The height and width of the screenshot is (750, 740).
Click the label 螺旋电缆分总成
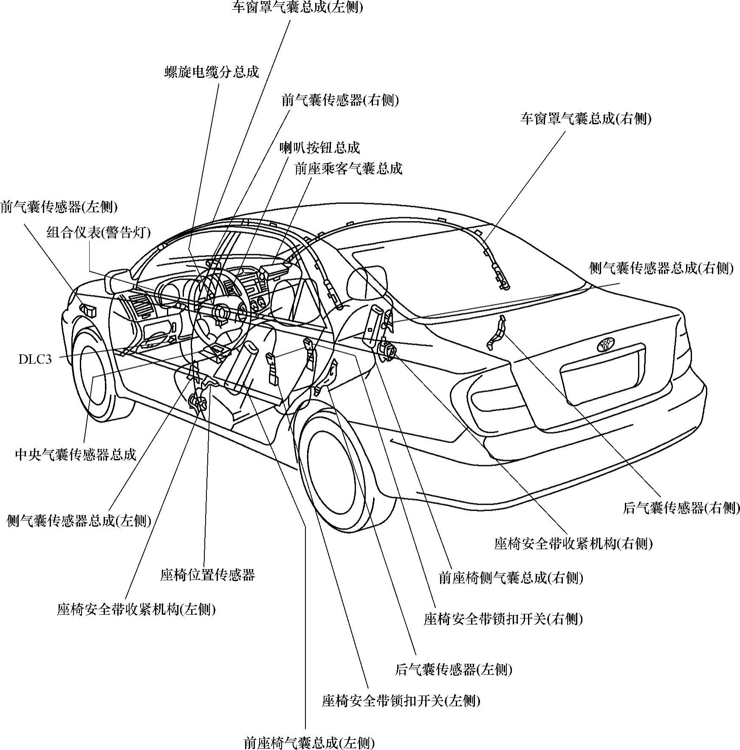click(x=212, y=72)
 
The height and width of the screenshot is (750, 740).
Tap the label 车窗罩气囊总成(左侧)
click(x=297, y=7)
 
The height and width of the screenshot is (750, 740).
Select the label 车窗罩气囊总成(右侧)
click(x=586, y=119)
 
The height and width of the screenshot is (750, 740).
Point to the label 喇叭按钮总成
click(x=319, y=148)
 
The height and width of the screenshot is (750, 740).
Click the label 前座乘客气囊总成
click(x=348, y=169)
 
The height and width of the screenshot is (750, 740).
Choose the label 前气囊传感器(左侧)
click(x=59, y=207)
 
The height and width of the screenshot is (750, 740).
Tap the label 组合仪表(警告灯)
click(x=98, y=232)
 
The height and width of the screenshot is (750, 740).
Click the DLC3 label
click(x=35, y=359)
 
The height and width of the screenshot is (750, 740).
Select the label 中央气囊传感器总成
click(x=76, y=454)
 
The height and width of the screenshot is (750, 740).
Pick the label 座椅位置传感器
click(x=207, y=575)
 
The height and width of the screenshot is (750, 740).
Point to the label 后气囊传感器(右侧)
click(x=681, y=508)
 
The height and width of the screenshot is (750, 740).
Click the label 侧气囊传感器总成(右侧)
click(x=661, y=268)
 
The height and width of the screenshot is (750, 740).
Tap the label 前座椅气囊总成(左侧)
click(x=309, y=743)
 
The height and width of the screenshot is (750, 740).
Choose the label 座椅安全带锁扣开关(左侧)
click(x=401, y=700)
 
